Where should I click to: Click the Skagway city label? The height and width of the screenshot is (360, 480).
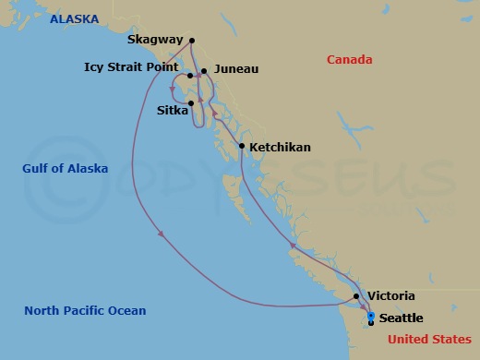click(155, 41)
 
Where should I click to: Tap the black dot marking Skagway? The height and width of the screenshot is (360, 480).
click(191, 41)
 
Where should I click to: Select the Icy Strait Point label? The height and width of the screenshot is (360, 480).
click(131, 66)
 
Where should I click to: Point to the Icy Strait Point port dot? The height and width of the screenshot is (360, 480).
click(189, 76)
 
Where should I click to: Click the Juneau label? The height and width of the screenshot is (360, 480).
click(235, 69)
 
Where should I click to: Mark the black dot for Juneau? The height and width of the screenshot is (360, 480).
click(204, 70)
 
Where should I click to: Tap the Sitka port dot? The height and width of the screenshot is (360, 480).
click(191, 103)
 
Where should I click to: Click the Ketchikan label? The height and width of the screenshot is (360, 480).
click(280, 147)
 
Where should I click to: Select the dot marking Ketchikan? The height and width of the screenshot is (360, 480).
click(242, 146)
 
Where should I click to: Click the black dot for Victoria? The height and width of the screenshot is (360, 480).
click(356, 296)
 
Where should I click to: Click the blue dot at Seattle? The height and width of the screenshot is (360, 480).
click(371, 317)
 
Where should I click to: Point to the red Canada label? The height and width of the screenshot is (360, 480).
click(350, 60)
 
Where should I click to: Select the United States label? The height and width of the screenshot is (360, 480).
click(429, 340)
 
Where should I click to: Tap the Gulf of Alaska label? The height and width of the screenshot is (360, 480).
click(66, 168)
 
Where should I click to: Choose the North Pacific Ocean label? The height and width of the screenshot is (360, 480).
click(85, 310)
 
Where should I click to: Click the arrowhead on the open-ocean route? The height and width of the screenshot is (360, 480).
click(162, 234)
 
